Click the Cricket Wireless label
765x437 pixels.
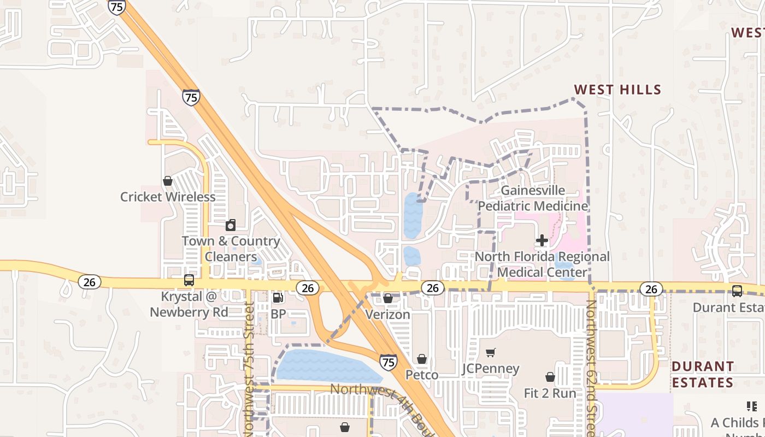click(168, 197)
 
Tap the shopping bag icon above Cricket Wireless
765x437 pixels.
click(168, 181)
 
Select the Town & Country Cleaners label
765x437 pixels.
click(231, 249)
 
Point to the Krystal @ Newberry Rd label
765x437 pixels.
click(189, 305)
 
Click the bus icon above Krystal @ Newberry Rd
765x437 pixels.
click(189, 280)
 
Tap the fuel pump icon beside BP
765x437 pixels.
click(278, 298)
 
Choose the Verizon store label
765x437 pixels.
click(387, 315)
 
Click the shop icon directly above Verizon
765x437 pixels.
click(387, 298)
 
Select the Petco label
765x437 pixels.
click(422, 375)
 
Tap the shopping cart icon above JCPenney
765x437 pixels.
click(490, 353)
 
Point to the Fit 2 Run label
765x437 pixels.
click(550, 393)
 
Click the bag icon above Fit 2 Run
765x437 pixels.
click(550, 377)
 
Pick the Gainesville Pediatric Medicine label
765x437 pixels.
click(533, 198)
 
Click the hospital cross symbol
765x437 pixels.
click(542, 240)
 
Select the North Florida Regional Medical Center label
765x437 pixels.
click(542, 264)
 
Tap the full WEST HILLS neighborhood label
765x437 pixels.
click(617, 90)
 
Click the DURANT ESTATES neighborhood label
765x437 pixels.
click(703, 374)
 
